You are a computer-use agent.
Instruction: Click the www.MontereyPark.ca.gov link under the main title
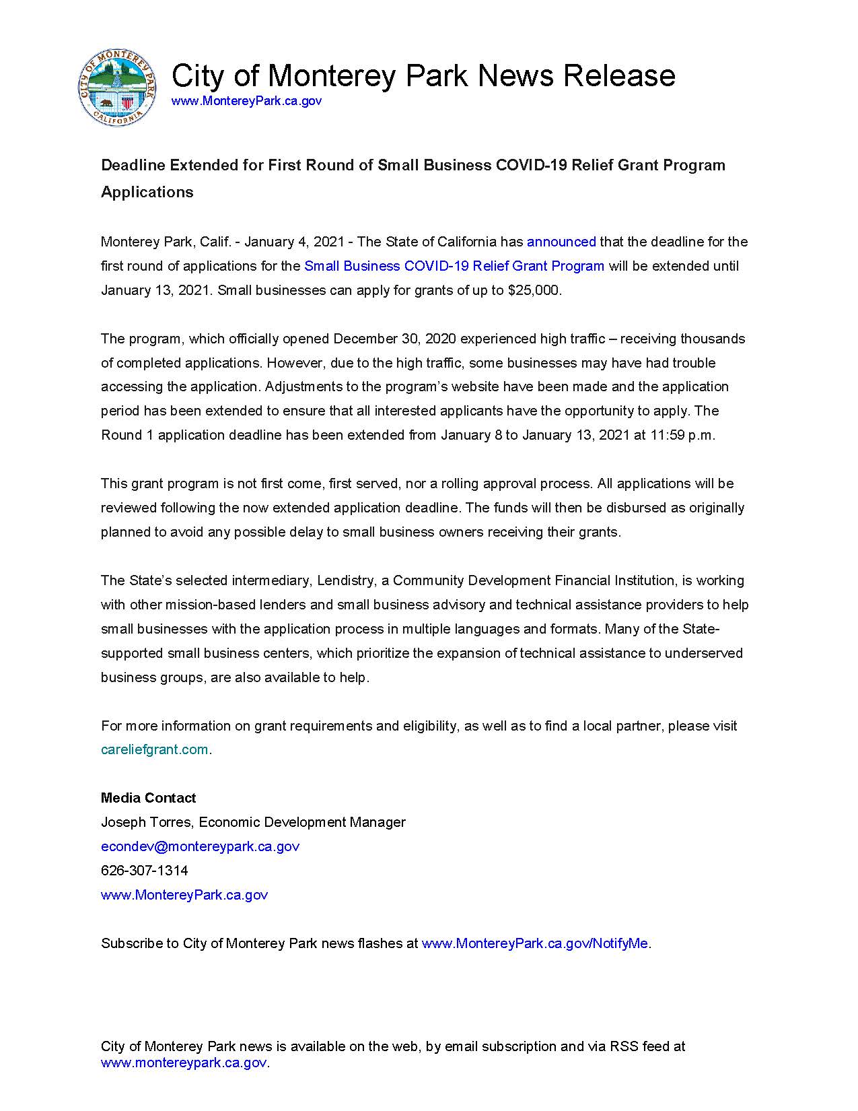(x=246, y=101)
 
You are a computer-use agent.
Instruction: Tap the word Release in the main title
(x=618, y=75)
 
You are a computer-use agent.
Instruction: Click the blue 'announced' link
(x=561, y=242)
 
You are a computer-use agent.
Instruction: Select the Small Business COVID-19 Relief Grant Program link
(x=454, y=266)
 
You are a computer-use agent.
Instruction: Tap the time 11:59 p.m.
(x=682, y=435)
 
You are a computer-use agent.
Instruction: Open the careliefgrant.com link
(x=155, y=749)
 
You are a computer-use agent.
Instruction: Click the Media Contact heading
(x=148, y=798)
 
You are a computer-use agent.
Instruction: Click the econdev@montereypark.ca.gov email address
(x=200, y=846)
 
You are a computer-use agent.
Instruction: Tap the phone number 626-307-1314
(x=145, y=871)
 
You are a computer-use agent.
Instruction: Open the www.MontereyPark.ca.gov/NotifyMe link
(x=535, y=943)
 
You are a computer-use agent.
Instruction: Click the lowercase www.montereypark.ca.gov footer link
(x=184, y=1063)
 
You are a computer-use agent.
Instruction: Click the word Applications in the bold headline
(x=147, y=193)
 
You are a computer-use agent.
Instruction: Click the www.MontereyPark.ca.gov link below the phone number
(x=184, y=895)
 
